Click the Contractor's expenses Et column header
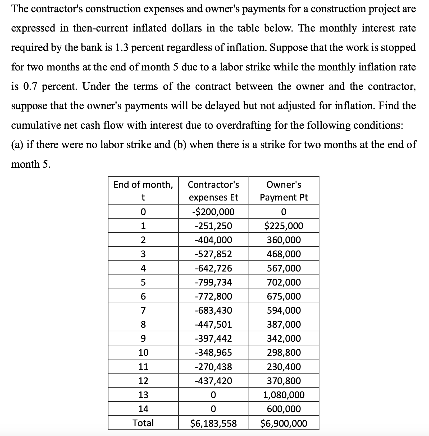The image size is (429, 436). (x=213, y=191)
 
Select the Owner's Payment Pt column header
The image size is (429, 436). (x=284, y=191)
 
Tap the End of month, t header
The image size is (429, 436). (x=143, y=191)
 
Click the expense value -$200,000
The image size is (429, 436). (x=213, y=212)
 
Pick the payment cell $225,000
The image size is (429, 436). (x=284, y=226)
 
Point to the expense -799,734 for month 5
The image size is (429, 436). (x=213, y=282)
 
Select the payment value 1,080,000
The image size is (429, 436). (x=284, y=395)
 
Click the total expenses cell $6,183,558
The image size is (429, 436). (x=213, y=423)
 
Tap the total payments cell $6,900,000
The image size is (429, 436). (x=284, y=423)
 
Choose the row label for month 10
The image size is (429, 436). (x=143, y=353)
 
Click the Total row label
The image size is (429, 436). (x=143, y=423)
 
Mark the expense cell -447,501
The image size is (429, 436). (x=213, y=324)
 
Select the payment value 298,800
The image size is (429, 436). (x=284, y=353)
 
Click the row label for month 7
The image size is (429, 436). (x=143, y=310)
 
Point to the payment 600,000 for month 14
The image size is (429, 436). (x=284, y=409)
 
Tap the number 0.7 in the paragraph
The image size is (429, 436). (x=31, y=86)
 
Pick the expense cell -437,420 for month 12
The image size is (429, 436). (x=213, y=381)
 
